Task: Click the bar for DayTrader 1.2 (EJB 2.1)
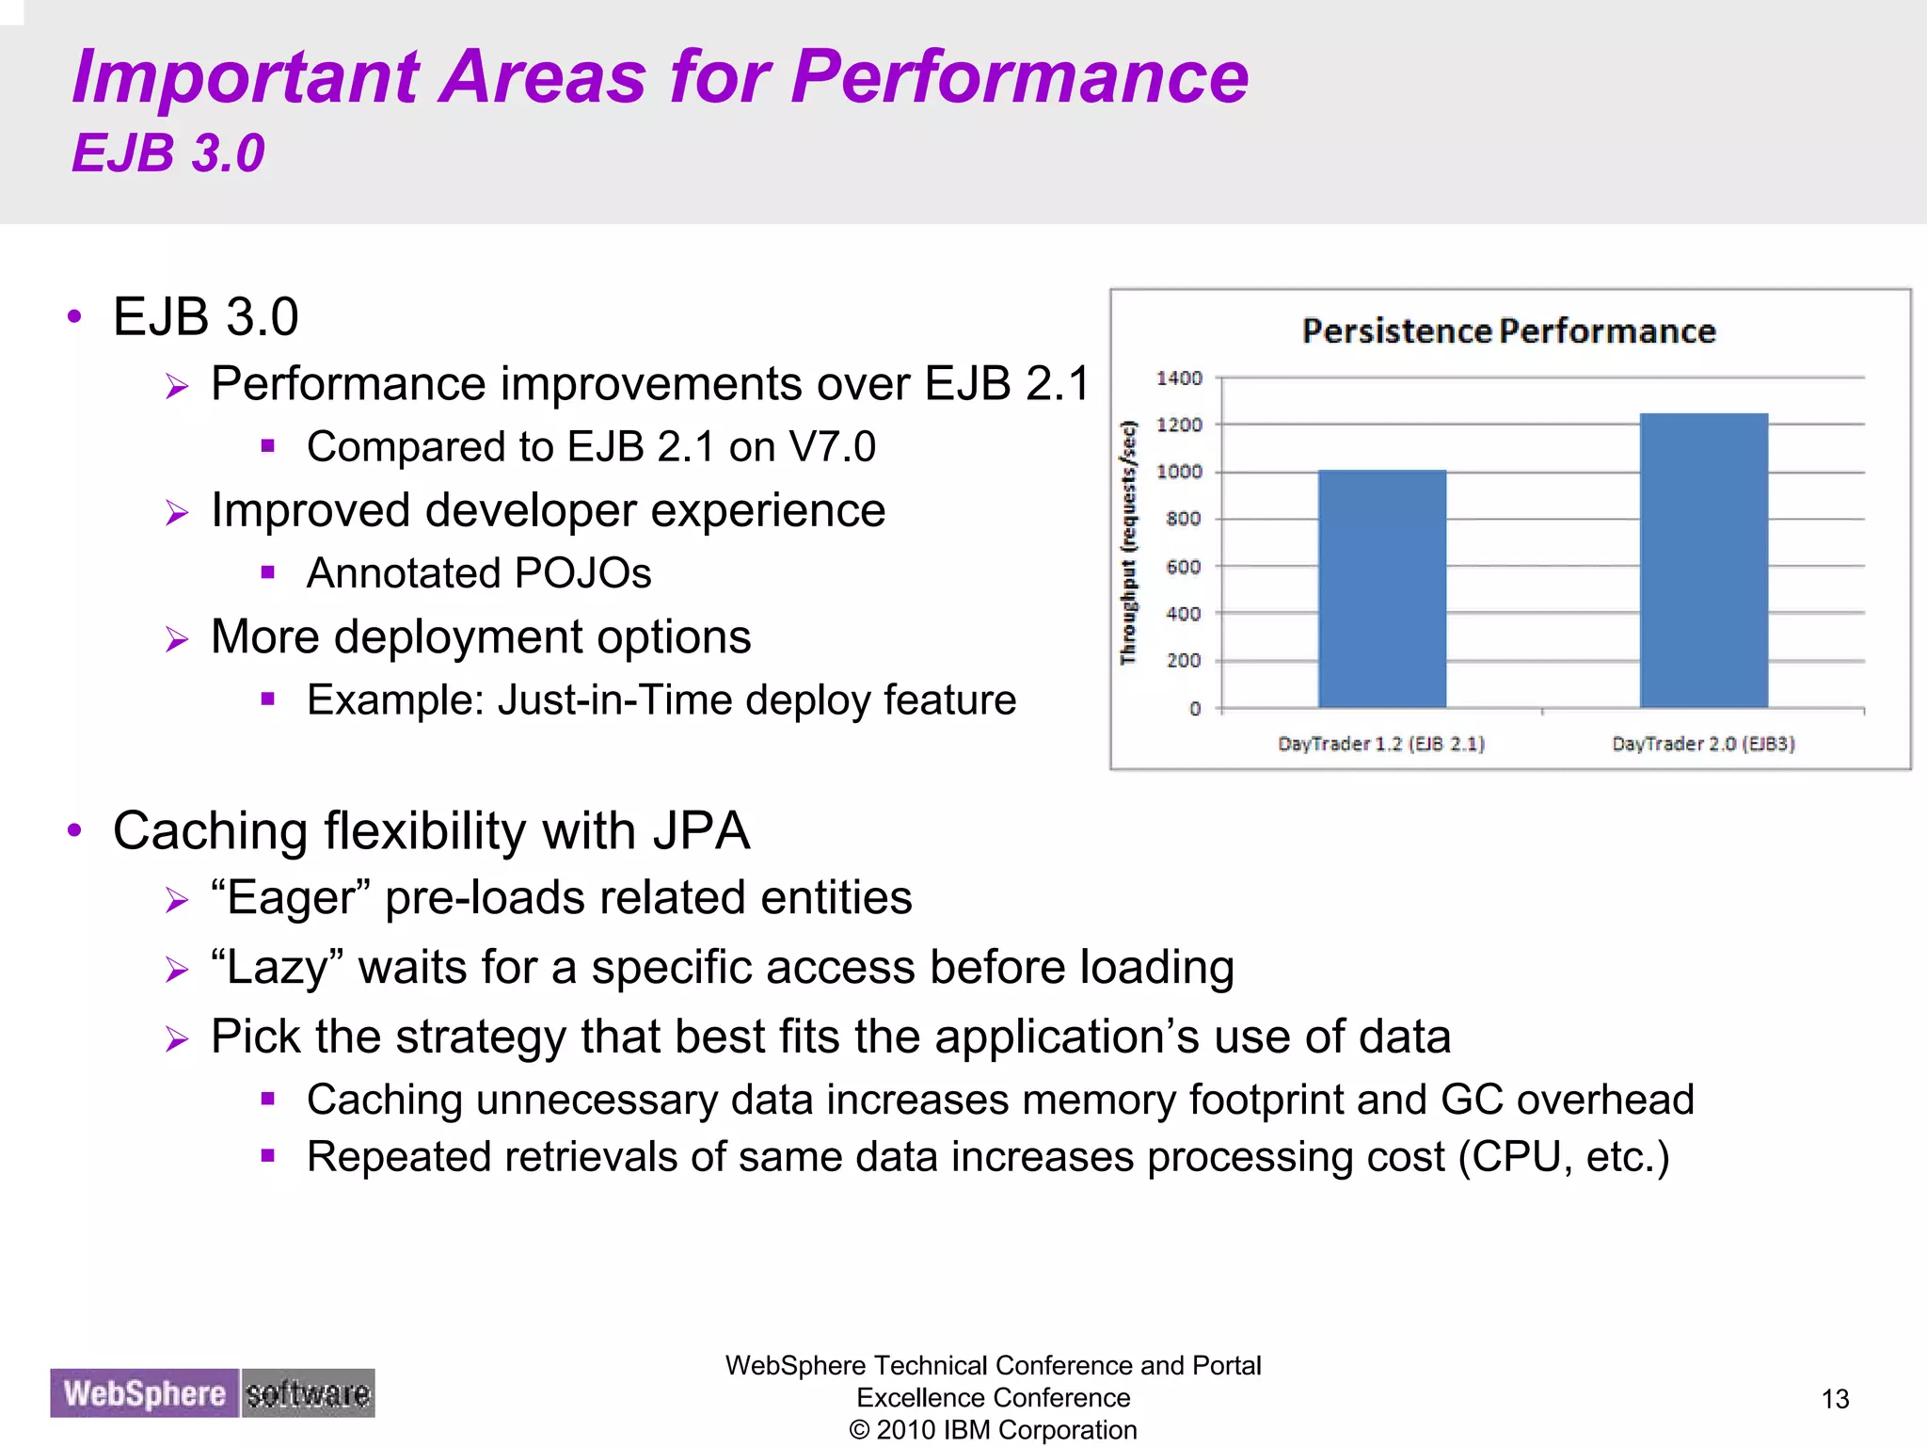[x=1381, y=588]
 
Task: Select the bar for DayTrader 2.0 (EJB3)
[x=1703, y=560]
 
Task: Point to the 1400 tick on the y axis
[x=1179, y=378]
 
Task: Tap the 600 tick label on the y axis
[x=1183, y=567]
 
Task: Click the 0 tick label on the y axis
[x=1195, y=709]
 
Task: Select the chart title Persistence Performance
[x=1508, y=331]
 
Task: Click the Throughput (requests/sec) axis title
[x=1128, y=542]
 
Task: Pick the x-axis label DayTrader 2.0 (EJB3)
[x=1703, y=744]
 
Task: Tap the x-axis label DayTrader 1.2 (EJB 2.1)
[x=1380, y=744]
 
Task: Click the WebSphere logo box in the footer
[x=145, y=1393]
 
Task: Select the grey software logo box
[x=308, y=1393]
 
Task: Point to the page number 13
[x=1835, y=1399]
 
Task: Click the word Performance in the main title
[x=1020, y=77]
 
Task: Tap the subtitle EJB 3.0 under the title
[x=168, y=153]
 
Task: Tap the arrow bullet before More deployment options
[x=177, y=639]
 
